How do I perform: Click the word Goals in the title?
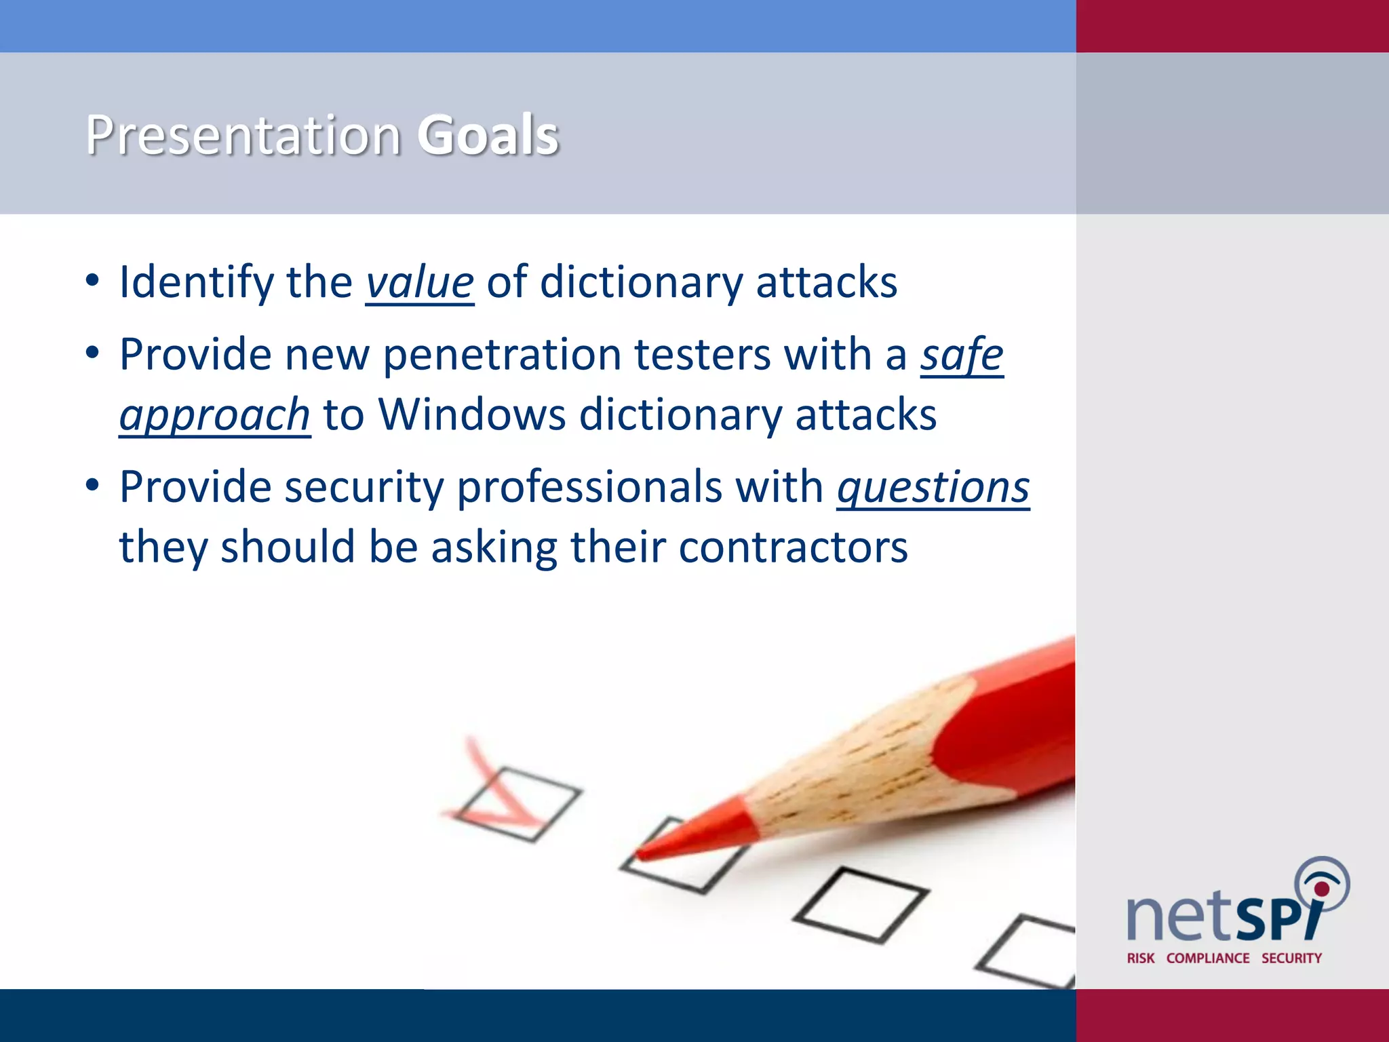point(488,135)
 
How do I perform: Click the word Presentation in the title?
point(243,135)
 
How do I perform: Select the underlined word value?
point(419,282)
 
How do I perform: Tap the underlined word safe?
point(961,355)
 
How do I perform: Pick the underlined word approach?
point(214,415)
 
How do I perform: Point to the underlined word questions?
point(933,487)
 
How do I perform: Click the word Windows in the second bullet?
point(471,414)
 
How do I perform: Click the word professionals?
point(589,487)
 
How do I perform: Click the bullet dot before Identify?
point(93,281)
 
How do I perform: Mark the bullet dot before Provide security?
point(93,486)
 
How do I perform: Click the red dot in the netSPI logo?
point(1321,888)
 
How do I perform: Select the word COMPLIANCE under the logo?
point(1207,958)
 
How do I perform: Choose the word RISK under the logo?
point(1140,958)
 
